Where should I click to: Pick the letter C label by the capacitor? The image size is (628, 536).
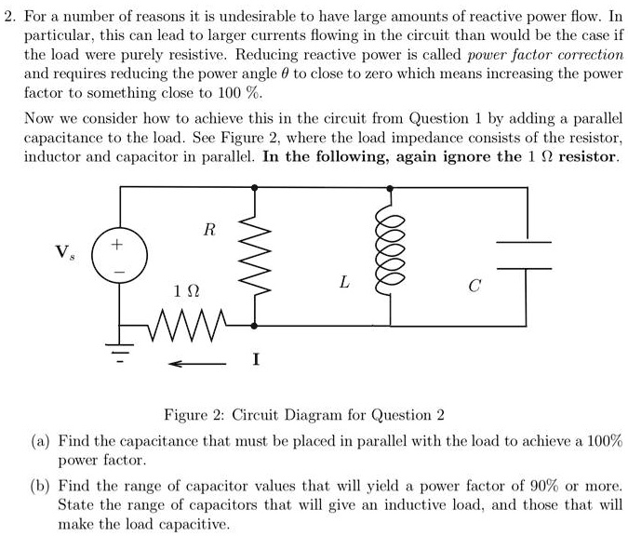click(x=474, y=286)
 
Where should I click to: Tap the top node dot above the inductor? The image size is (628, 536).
click(x=389, y=186)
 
